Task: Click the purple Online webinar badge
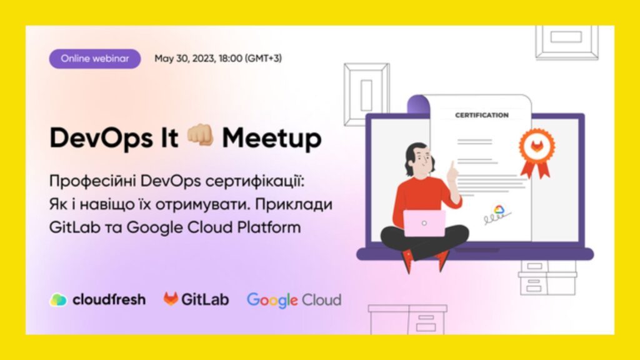pyautogui.click(x=95, y=59)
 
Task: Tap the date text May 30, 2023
pyautogui.click(x=185, y=59)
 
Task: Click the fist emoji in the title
pyautogui.click(x=200, y=136)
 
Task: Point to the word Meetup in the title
pyautogui.click(x=272, y=139)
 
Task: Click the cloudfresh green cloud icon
pyautogui.click(x=58, y=300)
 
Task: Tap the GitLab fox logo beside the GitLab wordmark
pyautogui.click(x=171, y=299)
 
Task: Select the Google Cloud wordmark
pyautogui.click(x=294, y=301)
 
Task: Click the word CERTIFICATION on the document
pyautogui.click(x=482, y=116)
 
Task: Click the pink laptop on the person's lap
pyautogui.click(x=424, y=223)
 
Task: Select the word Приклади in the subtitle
pyautogui.click(x=294, y=204)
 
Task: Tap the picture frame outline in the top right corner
pyautogui.click(x=567, y=43)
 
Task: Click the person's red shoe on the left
pyautogui.click(x=407, y=261)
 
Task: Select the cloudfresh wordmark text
pyautogui.click(x=109, y=300)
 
